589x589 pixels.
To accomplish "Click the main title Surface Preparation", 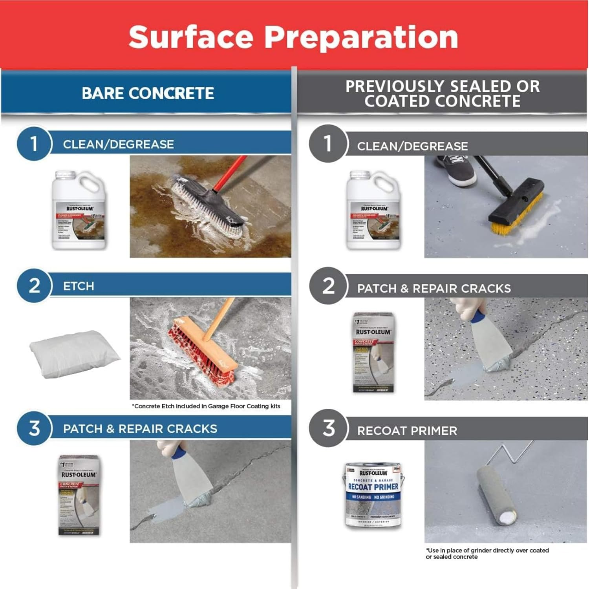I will click(293, 37).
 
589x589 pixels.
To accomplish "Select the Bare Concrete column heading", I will click(148, 93).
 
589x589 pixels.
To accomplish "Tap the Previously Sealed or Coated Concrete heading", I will click(442, 93).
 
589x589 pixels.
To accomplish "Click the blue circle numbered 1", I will click(34, 143).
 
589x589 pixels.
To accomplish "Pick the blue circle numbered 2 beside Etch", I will click(34, 285).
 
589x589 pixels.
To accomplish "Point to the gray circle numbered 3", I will click(329, 428).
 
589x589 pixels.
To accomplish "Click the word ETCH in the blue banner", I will click(79, 286).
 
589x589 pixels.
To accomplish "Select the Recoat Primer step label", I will click(407, 431).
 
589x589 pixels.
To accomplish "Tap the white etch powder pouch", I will click(75, 353).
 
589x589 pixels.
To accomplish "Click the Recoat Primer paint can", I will click(373, 495).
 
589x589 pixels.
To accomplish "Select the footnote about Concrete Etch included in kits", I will click(206, 406).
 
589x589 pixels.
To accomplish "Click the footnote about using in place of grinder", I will click(487, 553).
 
